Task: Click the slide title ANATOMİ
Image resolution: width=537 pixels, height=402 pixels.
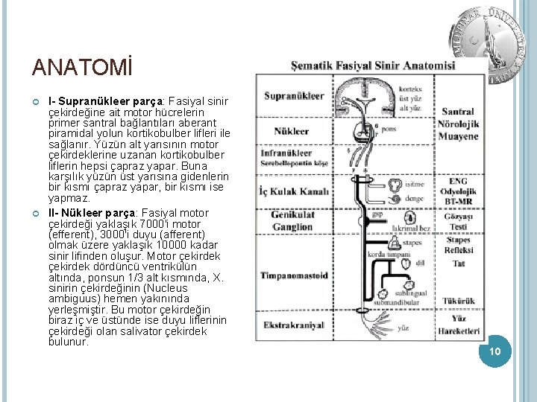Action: tap(81, 68)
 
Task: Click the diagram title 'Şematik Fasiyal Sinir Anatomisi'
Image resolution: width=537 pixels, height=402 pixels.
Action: tap(373, 66)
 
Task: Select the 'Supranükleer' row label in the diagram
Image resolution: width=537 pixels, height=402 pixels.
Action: tap(293, 95)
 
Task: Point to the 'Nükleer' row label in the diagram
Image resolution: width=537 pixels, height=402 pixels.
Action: tap(292, 131)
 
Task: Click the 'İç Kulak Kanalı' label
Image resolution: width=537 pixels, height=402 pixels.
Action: tap(294, 191)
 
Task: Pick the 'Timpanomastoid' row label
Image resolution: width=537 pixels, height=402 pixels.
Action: tap(294, 275)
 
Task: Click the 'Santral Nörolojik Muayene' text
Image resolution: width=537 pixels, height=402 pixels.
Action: tap(457, 124)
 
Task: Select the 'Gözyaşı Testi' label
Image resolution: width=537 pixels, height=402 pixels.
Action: tap(458, 221)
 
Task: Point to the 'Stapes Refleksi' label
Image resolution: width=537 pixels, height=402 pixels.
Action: tap(458, 245)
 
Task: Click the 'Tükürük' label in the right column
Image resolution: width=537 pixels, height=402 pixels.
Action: tap(458, 301)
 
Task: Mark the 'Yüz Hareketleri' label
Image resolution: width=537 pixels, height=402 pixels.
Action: tap(458, 325)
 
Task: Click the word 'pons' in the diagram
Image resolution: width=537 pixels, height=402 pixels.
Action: tap(389, 128)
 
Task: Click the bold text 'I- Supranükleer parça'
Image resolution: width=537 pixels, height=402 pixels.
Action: tap(106, 100)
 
